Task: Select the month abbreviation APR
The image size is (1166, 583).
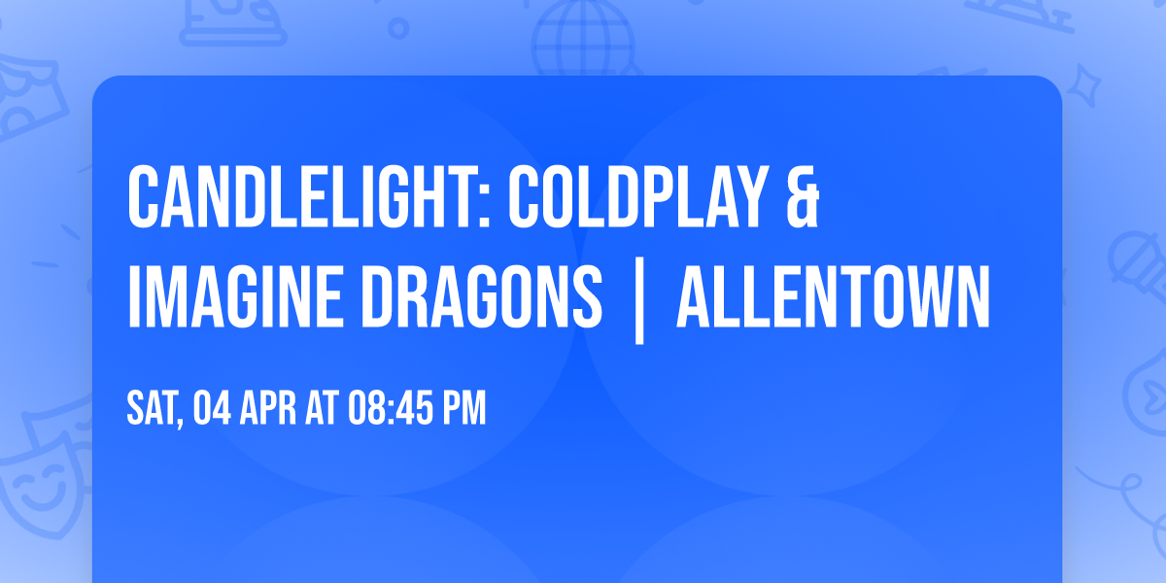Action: [x=272, y=409]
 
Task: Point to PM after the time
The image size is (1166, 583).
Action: [x=464, y=409]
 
